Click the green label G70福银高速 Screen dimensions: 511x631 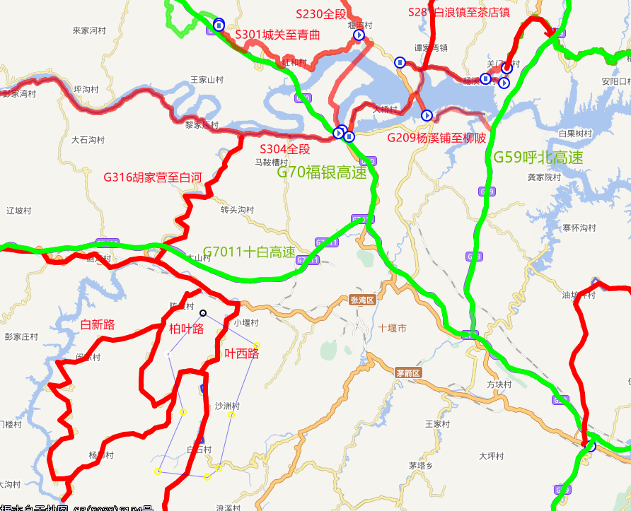click(x=321, y=172)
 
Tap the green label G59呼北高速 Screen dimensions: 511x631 click(x=538, y=158)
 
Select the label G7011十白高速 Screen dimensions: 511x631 click(x=248, y=252)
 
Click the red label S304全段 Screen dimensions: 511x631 click(x=284, y=149)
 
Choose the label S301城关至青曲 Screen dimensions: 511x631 click(x=277, y=35)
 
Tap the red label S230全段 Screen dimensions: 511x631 click(x=322, y=13)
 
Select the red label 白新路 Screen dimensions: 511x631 click(x=98, y=324)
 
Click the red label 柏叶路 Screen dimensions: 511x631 click(x=186, y=329)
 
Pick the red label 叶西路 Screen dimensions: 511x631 click(x=241, y=353)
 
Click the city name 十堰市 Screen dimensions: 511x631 click(x=392, y=329)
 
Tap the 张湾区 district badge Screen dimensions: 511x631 click(x=361, y=300)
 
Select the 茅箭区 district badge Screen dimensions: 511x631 click(x=408, y=372)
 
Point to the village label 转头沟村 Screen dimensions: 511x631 click(x=237, y=210)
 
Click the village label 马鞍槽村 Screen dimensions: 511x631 click(x=272, y=162)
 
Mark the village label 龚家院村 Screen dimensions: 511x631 click(x=544, y=177)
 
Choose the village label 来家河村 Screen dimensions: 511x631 click(x=89, y=31)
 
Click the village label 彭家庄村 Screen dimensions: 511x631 click(x=21, y=336)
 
